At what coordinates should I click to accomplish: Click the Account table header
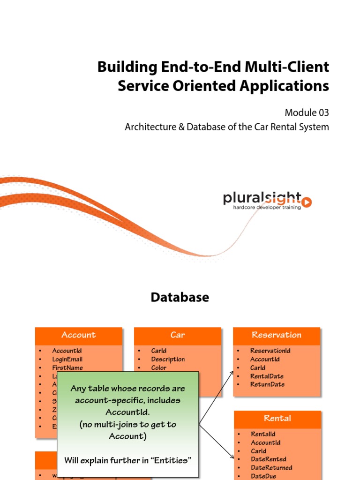78,335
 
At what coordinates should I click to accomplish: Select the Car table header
178,335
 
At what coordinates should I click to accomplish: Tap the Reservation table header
277,335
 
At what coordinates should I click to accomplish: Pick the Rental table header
277,418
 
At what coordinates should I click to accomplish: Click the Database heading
180,297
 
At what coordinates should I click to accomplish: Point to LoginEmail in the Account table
67,359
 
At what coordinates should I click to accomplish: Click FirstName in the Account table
67,367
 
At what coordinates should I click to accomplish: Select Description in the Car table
168,359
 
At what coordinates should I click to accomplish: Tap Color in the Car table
158,367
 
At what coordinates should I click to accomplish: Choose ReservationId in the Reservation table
270,351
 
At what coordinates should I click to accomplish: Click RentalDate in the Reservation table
267,376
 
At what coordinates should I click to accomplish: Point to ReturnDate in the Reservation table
267,384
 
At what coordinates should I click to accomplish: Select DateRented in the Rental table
269,459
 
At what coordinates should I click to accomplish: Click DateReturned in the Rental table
271,468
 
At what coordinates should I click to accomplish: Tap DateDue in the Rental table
263,476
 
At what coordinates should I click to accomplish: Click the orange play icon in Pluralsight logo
307,202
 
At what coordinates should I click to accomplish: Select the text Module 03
307,112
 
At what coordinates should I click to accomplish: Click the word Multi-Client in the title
287,67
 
